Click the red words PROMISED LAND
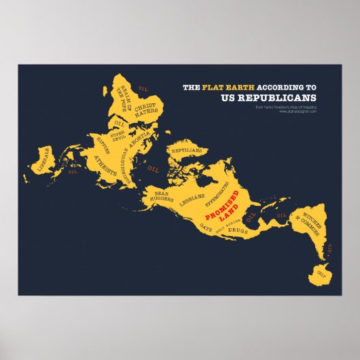point(228,206)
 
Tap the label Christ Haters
point(145,111)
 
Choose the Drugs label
point(238,232)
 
